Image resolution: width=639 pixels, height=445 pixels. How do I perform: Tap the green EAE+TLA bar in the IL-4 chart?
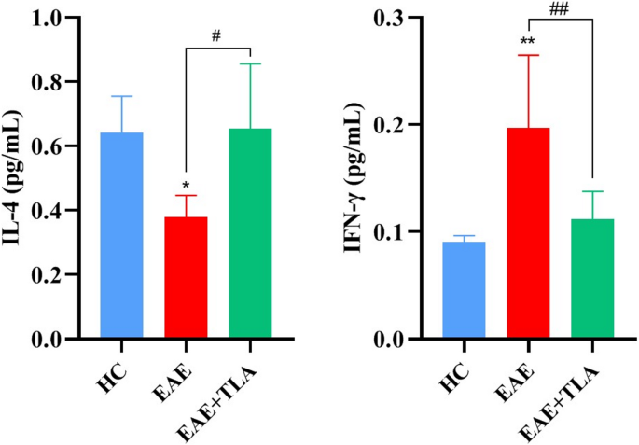251,233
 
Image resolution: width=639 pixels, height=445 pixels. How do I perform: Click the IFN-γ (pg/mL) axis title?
357,177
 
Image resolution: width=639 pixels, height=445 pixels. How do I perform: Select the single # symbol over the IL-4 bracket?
216,36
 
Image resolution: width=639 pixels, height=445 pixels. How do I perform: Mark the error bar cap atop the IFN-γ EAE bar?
527,55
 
